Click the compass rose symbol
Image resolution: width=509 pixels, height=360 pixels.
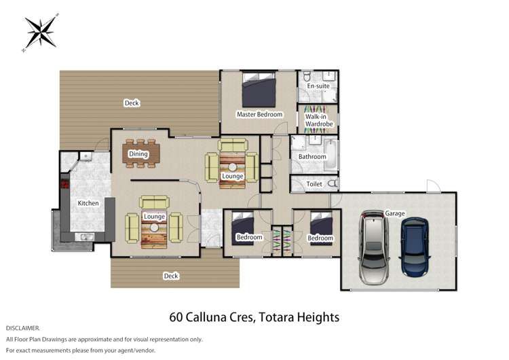click(x=41, y=32)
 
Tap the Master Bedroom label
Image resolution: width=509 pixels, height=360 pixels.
click(x=259, y=114)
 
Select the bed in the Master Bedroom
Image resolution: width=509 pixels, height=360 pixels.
click(x=259, y=90)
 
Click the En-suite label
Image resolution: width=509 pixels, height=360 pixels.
click(x=318, y=86)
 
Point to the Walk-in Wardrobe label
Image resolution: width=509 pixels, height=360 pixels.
click(x=319, y=120)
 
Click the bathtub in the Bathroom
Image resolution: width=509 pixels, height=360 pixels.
click(x=331, y=155)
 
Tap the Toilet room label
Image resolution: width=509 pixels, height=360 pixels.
click(x=314, y=184)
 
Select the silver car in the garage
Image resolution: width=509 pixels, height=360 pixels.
click(x=374, y=247)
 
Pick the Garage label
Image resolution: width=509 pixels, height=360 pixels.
click(x=395, y=213)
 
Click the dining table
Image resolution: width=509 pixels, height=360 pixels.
click(x=141, y=154)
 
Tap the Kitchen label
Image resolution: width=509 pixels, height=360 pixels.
click(x=88, y=203)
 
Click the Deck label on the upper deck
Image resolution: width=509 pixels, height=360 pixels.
click(x=132, y=103)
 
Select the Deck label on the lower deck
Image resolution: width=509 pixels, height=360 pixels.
click(x=171, y=276)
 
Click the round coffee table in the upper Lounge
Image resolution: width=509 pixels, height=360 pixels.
click(x=232, y=168)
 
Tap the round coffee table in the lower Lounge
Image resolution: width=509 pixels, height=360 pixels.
click(x=154, y=228)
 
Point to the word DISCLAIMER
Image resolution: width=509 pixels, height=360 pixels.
click(x=22, y=328)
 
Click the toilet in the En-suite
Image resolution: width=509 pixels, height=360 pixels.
click(x=307, y=77)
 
